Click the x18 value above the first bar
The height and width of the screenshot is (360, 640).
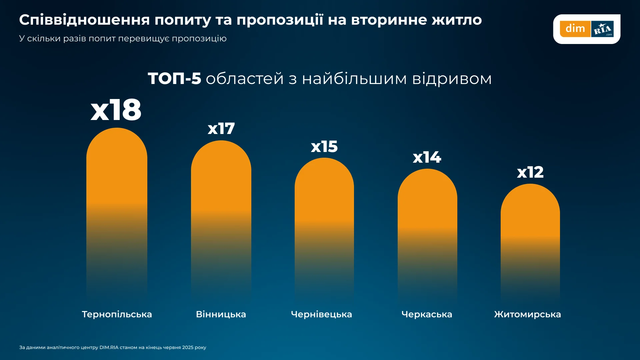(x=116, y=110)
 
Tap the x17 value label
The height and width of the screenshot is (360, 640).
(x=221, y=129)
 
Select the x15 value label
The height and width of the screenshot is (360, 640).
(x=324, y=147)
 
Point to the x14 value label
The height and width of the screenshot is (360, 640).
(x=427, y=157)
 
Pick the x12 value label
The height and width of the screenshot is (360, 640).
(x=530, y=172)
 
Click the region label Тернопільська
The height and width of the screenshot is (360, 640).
(x=117, y=314)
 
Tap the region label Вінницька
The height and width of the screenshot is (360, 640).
(x=221, y=314)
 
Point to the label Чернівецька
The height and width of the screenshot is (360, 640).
(x=321, y=314)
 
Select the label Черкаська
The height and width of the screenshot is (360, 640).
(x=427, y=314)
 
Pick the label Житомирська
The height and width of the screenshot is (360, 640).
(x=527, y=314)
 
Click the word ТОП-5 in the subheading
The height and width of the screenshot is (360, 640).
(x=174, y=79)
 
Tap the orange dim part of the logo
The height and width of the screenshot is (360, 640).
(x=575, y=29)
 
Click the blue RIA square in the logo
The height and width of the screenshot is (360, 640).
(x=602, y=29)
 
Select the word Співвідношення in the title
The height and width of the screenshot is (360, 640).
(x=84, y=20)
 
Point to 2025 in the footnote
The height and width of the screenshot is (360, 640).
(x=188, y=347)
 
